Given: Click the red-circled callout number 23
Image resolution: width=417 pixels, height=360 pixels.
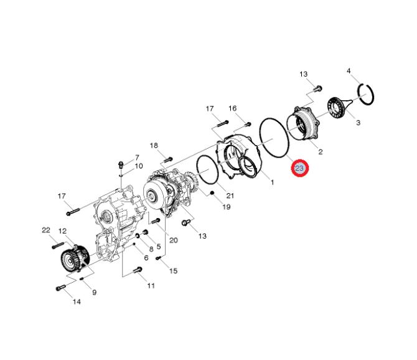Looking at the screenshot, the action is coord(299,168).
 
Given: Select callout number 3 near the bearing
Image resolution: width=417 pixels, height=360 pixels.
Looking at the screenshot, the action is coord(358,123).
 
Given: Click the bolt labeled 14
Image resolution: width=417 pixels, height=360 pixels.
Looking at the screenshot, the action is coord(60,288).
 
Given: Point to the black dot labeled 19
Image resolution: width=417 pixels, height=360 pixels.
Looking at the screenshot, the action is coord(212,192).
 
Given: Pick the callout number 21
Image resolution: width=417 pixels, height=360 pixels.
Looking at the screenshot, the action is coord(230,196).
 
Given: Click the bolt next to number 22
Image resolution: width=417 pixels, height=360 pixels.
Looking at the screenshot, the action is coord(59,245).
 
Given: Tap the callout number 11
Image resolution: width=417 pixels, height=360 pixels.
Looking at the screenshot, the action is coord(151,286).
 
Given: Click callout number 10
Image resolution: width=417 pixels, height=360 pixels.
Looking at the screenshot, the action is coord(139,166).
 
